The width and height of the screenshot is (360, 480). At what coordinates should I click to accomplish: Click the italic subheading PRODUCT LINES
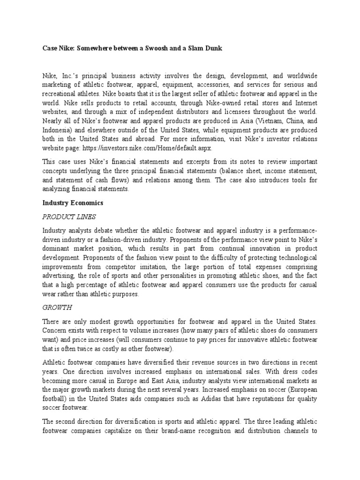[x=69, y=217]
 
